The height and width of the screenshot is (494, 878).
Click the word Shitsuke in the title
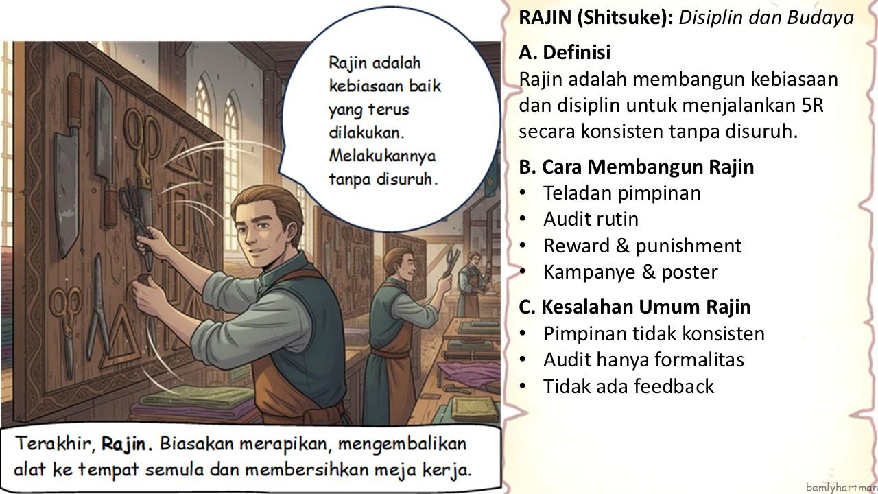[x=625, y=18]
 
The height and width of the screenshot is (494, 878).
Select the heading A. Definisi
[x=565, y=52]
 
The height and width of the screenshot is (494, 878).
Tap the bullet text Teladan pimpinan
[x=622, y=193]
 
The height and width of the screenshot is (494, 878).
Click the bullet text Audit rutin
[x=591, y=219]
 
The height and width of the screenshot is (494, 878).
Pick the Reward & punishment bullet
[x=643, y=246]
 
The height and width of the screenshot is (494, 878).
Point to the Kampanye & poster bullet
[x=630, y=272]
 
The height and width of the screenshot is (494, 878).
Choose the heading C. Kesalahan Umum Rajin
[x=634, y=307]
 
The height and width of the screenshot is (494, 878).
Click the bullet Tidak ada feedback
[x=629, y=386]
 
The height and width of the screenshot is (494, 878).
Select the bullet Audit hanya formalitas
[x=643, y=360]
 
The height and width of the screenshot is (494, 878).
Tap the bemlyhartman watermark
[x=842, y=487]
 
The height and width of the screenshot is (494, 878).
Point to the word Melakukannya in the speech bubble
[x=382, y=156]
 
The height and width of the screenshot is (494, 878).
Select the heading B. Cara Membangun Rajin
[x=636, y=167]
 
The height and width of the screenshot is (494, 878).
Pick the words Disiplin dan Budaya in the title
[x=766, y=18]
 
